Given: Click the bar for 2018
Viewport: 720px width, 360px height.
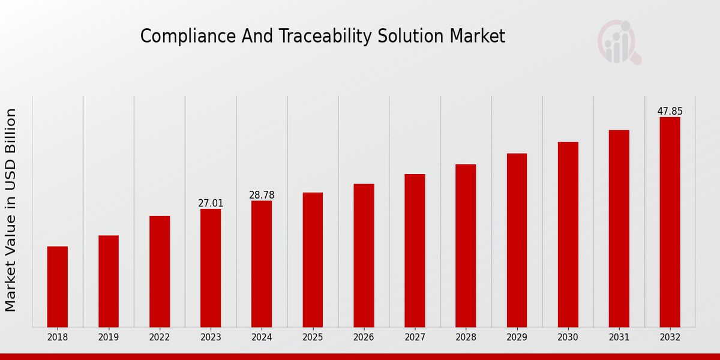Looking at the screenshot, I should (x=58, y=287).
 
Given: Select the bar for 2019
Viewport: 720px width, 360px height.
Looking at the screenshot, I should (x=109, y=281).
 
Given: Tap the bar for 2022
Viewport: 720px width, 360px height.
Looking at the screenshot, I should (x=160, y=271).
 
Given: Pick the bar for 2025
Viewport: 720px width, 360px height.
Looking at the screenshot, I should (x=313, y=260).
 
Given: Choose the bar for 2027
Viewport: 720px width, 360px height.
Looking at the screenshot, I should (x=415, y=251).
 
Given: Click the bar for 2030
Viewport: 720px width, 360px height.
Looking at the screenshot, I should (x=568, y=235).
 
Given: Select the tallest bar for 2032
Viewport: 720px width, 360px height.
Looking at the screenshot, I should (x=670, y=222).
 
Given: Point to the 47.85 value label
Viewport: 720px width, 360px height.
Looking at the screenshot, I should (x=670, y=112).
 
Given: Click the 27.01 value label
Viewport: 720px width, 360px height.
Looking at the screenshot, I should (x=211, y=203).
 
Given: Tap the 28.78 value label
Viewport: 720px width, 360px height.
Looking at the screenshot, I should (x=262, y=196).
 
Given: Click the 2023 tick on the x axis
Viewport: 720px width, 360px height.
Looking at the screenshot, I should (x=211, y=338).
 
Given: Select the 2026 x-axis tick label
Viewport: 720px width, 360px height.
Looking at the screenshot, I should (x=364, y=338).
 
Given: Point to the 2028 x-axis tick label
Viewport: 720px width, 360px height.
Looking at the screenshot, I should (x=466, y=338).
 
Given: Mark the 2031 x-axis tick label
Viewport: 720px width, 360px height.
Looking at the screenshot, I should (x=619, y=338).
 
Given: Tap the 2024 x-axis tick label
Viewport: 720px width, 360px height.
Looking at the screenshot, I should (x=262, y=338).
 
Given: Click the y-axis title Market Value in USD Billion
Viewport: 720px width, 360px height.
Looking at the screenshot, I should (x=11, y=210).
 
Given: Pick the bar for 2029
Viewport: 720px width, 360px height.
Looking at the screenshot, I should (x=517, y=240).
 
